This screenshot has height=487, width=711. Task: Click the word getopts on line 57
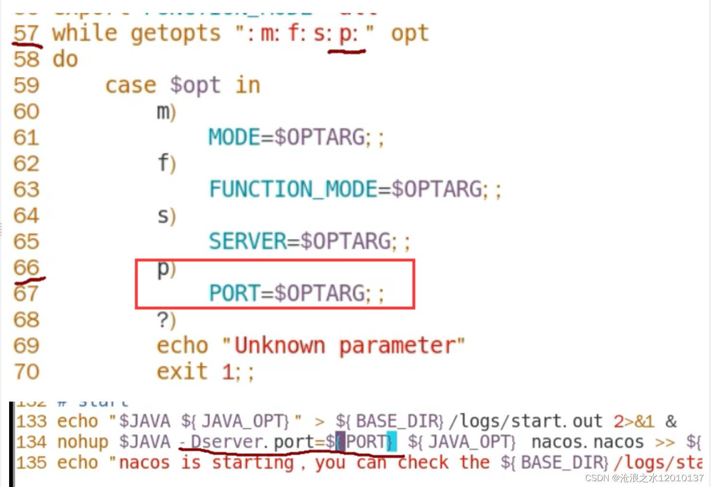(x=175, y=34)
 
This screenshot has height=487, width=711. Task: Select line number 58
(x=26, y=59)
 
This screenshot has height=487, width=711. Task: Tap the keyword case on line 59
(x=131, y=85)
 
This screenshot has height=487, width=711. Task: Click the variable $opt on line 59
(x=195, y=85)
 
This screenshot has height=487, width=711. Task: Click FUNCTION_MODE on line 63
(x=293, y=189)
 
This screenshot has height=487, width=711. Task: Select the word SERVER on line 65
(x=248, y=241)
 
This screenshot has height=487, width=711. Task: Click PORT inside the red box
(x=234, y=293)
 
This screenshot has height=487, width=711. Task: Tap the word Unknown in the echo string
(x=279, y=345)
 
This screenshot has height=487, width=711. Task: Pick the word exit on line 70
(x=182, y=371)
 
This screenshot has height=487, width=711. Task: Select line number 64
(x=26, y=215)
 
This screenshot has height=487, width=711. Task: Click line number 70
(x=26, y=371)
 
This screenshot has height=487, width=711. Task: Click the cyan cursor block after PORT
(x=392, y=441)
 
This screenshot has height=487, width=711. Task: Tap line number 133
(x=32, y=421)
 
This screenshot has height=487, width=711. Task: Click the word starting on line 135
(x=253, y=463)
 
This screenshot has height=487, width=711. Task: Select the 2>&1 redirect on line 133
(x=634, y=421)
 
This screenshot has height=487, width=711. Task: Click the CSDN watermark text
(x=644, y=478)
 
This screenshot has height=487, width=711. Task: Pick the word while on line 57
(x=84, y=34)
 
